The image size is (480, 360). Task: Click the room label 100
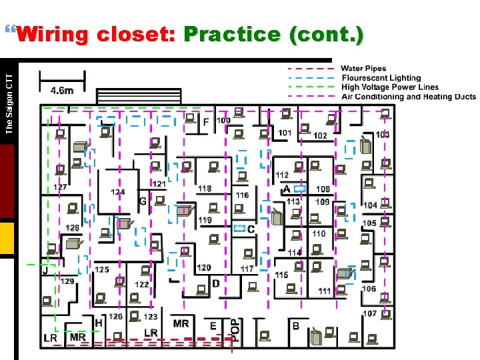click(223, 121)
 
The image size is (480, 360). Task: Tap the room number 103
click(383, 135)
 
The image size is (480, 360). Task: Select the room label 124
click(117, 192)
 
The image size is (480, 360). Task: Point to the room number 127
click(60, 187)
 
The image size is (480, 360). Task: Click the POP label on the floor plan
click(235, 329)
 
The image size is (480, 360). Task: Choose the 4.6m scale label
click(62, 91)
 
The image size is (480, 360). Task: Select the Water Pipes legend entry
click(363, 69)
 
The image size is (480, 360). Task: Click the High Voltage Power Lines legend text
click(390, 87)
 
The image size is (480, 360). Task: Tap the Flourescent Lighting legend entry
click(381, 78)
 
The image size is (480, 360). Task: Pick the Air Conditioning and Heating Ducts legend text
click(408, 97)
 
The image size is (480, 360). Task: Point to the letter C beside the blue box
click(251, 229)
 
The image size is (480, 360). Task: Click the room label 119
click(205, 220)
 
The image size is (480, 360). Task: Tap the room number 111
click(325, 291)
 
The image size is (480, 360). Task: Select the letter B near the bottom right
click(295, 326)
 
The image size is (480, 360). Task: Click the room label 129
click(67, 281)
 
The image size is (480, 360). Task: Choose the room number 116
click(242, 195)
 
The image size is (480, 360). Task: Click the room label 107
click(369, 313)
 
